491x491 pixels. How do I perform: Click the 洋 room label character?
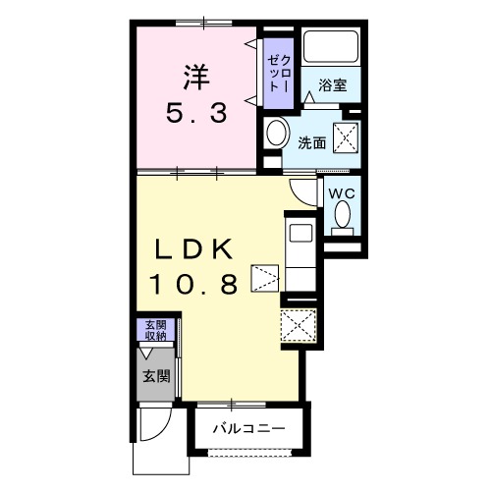(x=196, y=78)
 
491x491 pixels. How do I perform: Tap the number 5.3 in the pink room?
(x=196, y=113)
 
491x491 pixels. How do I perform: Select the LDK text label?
(x=193, y=249)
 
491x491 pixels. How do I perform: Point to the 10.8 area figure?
(x=193, y=284)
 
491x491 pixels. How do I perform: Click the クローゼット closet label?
(x=279, y=73)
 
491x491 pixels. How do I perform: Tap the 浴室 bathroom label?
(x=333, y=85)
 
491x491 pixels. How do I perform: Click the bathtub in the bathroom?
(x=331, y=46)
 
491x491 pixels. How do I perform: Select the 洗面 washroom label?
(x=311, y=143)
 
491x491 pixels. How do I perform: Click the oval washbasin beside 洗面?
(x=278, y=134)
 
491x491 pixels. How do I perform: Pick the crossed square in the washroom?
(x=346, y=137)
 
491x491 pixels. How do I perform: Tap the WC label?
(x=342, y=193)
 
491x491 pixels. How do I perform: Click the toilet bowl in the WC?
(x=343, y=214)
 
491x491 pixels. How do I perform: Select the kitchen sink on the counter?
(x=300, y=234)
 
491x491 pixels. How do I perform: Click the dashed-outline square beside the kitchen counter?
(x=265, y=278)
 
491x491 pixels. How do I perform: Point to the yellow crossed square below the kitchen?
(x=299, y=325)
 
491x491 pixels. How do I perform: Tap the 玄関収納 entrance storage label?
(x=156, y=330)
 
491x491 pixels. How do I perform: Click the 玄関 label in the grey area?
(x=156, y=376)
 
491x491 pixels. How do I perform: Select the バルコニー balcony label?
(x=248, y=428)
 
